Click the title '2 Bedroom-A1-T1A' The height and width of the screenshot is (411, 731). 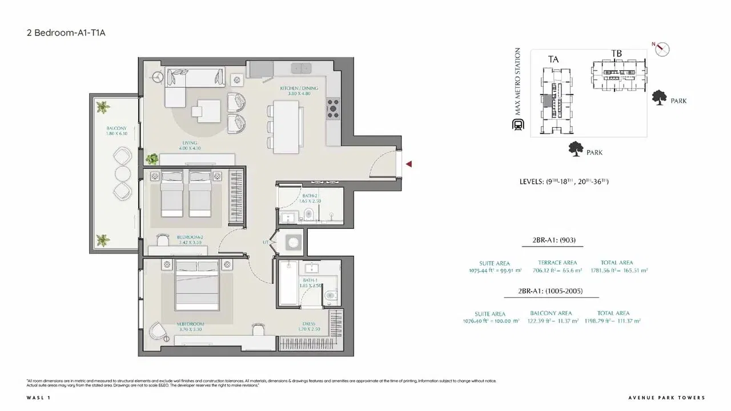click(x=66, y=33)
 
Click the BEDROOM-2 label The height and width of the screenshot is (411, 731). click(x=190, y=239)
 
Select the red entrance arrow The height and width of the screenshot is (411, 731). click(x=408, y=164)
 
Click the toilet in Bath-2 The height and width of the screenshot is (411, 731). click(x=308, y=215)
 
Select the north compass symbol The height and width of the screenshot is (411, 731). click(x=662, y=49)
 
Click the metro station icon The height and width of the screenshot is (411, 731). click(x=518, y=126)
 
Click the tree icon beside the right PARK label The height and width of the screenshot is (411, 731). click(x=659, y=98)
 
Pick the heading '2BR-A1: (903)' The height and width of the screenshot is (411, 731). click(x=553, y=240)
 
